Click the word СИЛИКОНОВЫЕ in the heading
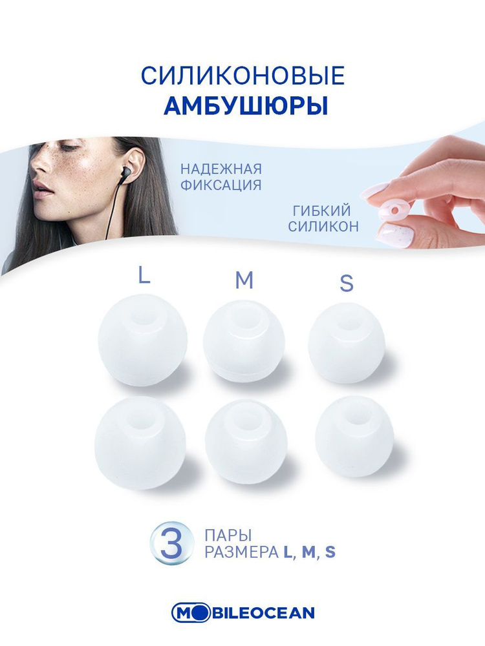[x=242, y=76]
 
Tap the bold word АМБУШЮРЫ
[x=245, y=107]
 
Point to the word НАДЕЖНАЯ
[x=221, y=169]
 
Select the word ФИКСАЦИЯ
[x=221, y=185]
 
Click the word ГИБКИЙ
[x=321, y=211]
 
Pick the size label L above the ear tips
[x=144, y=276]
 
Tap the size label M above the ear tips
[x=244, y=280]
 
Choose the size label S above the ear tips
[x=347, y=284]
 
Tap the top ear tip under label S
[x=346, y=342]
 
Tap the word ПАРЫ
[x=227, y=536]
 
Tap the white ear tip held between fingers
[x=387, y=207]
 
